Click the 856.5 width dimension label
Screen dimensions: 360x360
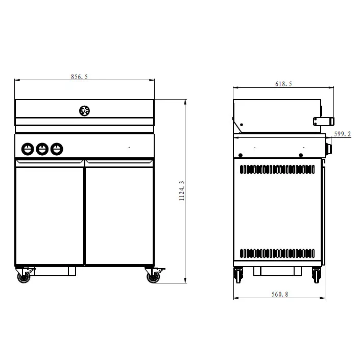(79, 77)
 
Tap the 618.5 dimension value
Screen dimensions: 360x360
(283, 84)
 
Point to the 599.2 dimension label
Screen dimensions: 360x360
(342, 134)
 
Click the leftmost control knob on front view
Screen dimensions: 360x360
(28, 149)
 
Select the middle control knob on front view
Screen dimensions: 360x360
(42, 149)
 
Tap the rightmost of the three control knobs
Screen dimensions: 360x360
(57, 149)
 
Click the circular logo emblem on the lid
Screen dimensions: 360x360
(84, 110)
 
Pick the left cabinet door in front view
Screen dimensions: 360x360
(50, 214)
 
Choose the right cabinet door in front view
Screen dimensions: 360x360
(119, 214)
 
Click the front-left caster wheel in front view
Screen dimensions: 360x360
(23, 277)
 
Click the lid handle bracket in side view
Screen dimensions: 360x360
(324, 121)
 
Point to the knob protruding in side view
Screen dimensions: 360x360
(328, 149)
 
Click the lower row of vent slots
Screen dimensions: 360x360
(277, 253)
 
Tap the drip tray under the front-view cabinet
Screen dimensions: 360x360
(55, 271)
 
